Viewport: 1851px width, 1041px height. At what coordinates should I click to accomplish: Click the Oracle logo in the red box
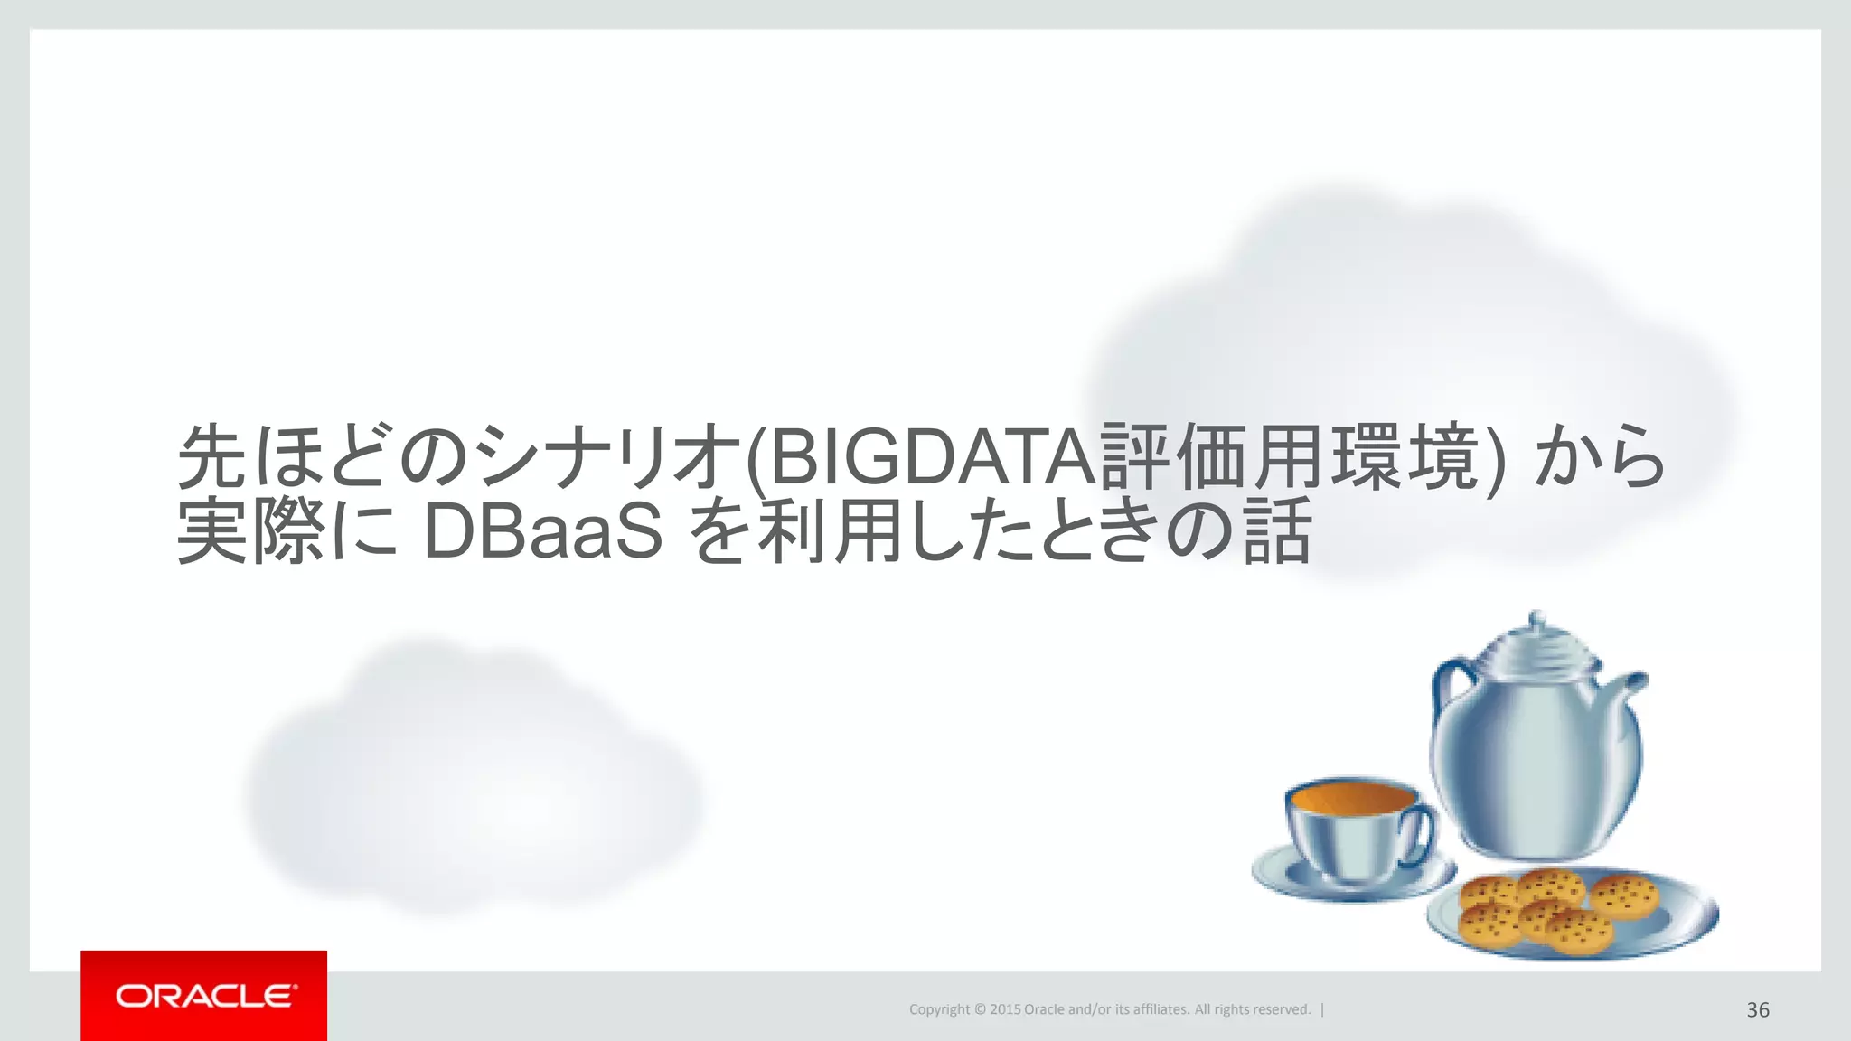204,996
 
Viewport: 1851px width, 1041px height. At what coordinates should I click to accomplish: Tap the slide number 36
1757,1009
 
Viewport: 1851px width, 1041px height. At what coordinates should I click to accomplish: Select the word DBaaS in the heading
543,532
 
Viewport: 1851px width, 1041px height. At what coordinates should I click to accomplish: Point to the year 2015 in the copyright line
1005,1009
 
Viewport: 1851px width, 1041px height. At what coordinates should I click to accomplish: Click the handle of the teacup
1422,837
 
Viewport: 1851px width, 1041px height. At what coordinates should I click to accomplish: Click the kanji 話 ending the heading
1277,532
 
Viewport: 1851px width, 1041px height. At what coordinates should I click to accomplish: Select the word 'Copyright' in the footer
939,1009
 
